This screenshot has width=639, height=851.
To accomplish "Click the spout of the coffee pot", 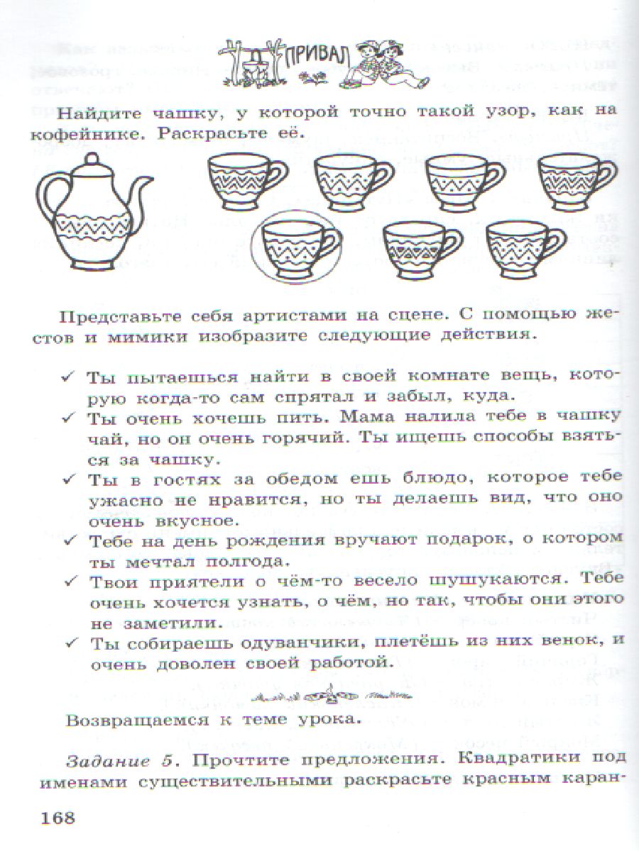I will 145,186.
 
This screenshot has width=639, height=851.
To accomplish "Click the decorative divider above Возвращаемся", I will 319,693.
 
